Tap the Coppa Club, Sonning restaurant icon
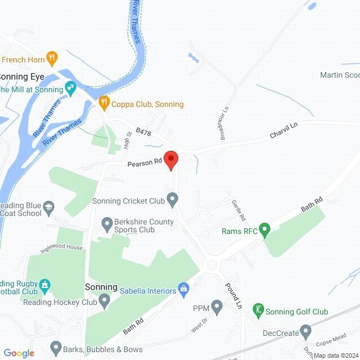(103, 103)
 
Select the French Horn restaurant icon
(52, 57)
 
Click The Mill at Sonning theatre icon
(70, 88)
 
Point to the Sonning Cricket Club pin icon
(173, 200)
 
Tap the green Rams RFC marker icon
(267, 231)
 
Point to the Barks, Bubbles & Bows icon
(56, 348)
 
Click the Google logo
(19, 353)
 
